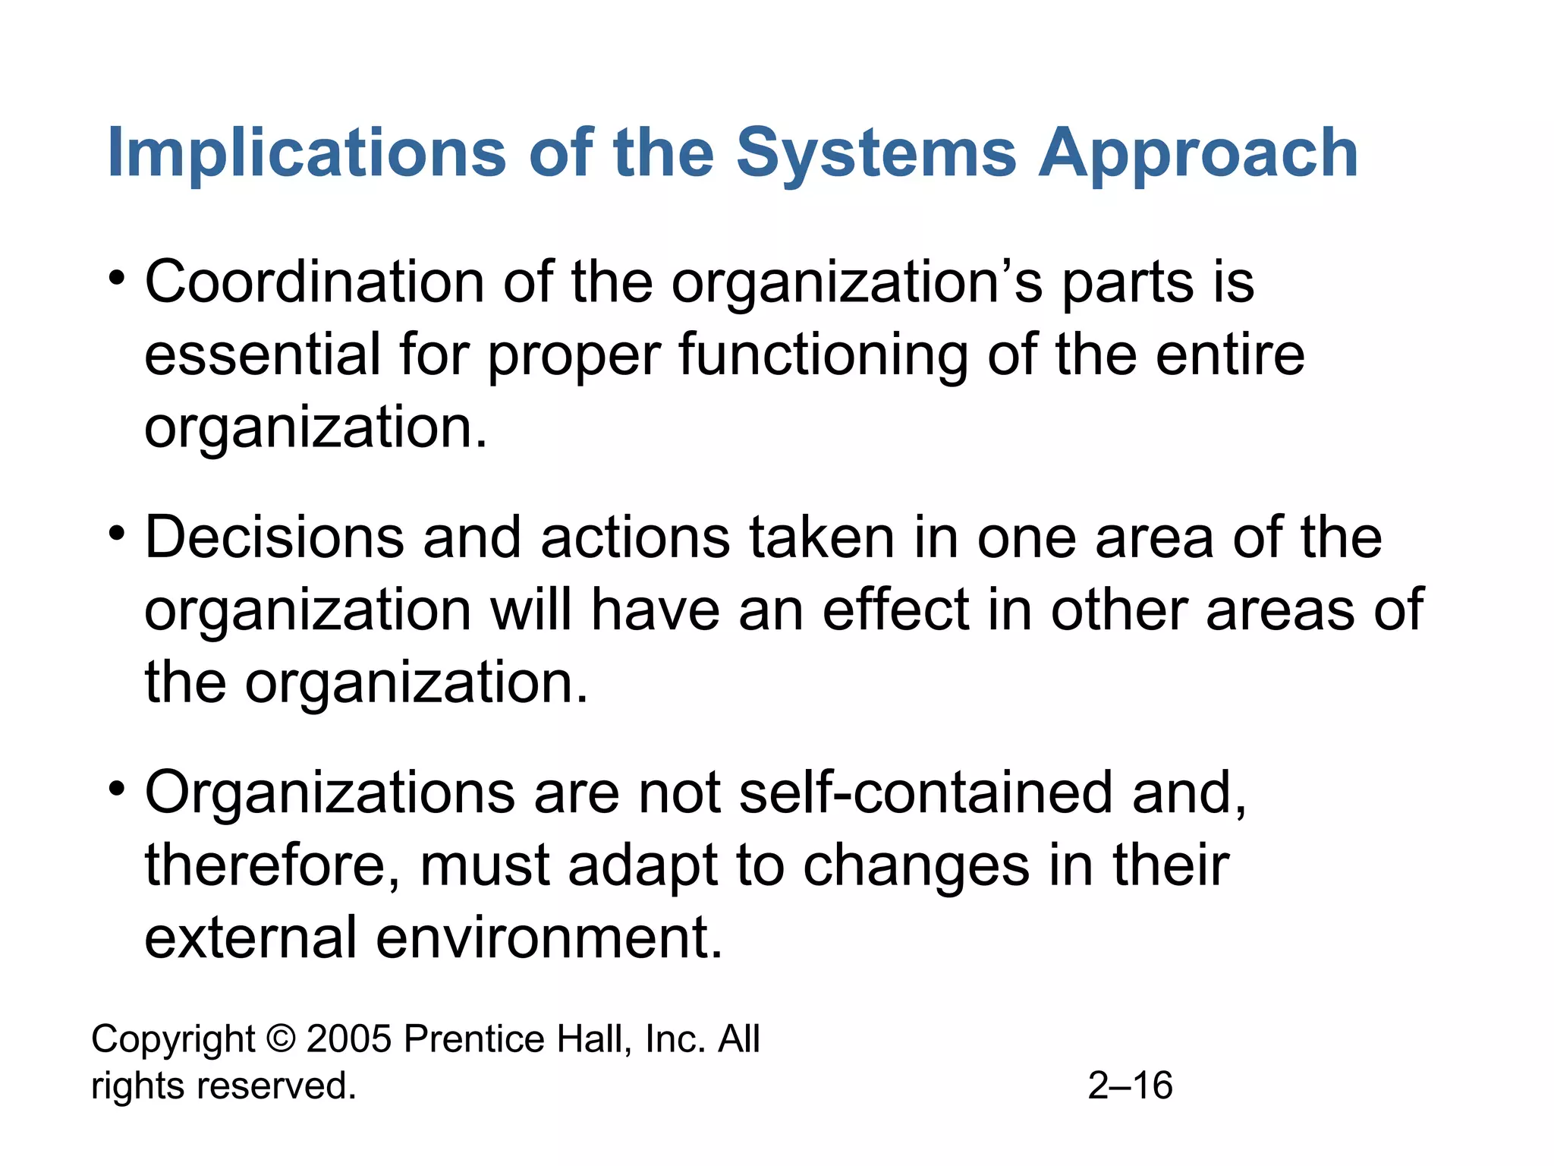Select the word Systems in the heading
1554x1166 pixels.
(876, 153)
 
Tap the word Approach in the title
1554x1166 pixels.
(1198, 153)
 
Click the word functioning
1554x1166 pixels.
(823, 355)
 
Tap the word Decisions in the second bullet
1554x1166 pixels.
(274, 537)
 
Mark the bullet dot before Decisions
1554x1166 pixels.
(116, 533)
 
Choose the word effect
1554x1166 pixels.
(896, 610)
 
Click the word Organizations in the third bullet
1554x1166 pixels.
(329, 793)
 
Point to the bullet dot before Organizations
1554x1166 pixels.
(116, 788)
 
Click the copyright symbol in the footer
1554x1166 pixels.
(281, 1039)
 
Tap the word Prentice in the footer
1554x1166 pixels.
(473, 1039)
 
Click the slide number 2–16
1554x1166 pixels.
(1130, 1086)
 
